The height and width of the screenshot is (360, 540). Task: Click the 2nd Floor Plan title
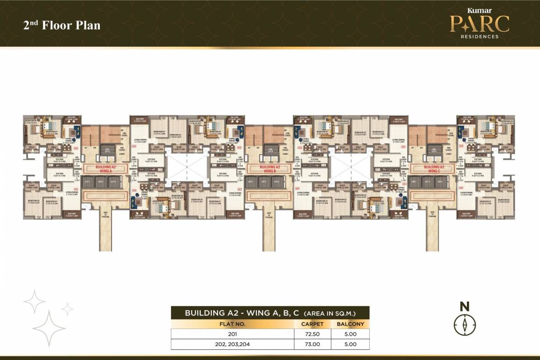(x=62, y=25)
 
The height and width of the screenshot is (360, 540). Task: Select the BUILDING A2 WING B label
(x=270, y=169)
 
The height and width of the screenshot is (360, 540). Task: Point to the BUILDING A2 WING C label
(x=433, y=169)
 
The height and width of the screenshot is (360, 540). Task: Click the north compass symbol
(x=465, y=324)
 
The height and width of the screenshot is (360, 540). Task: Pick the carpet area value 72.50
(x=312, y=334)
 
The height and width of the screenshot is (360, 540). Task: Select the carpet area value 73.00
(x=312, y=344)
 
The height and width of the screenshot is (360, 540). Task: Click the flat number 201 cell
(x=232, y=334)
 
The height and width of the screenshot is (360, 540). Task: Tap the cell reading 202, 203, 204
(x=232, y=344)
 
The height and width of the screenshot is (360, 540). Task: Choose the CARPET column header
(x=312, y=324)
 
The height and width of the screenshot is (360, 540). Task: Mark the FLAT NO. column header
(x=232, y=324)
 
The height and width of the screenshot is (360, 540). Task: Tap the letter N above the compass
(x=465, y=307)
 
